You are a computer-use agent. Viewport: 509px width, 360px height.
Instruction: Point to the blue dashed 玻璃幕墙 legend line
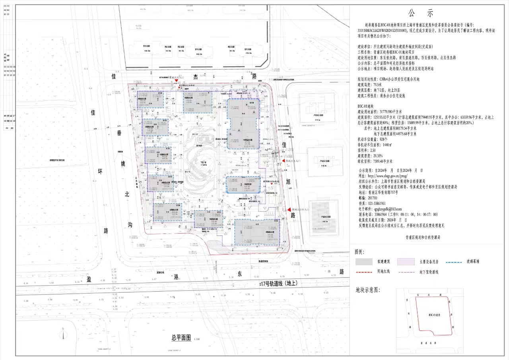pos(455,262)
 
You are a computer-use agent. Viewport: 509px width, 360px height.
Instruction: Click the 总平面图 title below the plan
pos(181,338)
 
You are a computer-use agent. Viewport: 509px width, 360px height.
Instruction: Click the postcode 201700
pos(373,198)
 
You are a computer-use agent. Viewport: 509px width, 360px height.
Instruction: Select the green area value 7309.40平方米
pos(384,162)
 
